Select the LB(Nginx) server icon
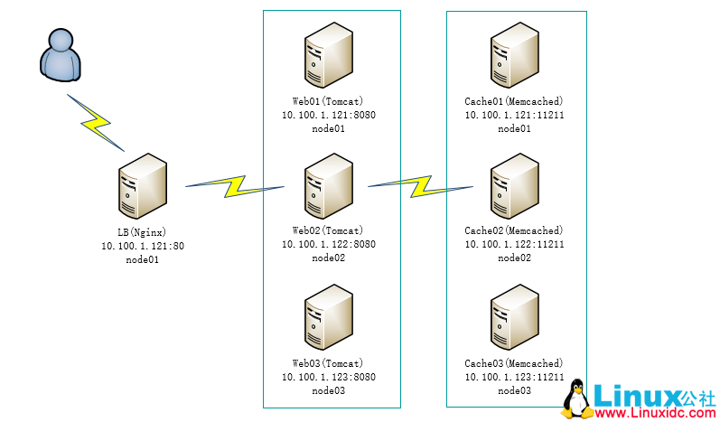(x=142, y=185)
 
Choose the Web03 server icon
(x=328, y=318)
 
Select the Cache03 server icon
(x=514, y=318)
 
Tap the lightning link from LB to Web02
(x=235, y=186)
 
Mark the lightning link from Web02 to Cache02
(x=420, y=186)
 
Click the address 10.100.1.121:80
(x=142, y=246)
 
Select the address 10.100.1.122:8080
(x=328, y=244)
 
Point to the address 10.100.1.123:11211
(x=514, y=377)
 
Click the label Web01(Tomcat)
(x=328, y=101)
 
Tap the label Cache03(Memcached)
(x=514, y=363)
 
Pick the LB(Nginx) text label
(x=142, y=232)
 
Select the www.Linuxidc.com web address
(x=653, y=412)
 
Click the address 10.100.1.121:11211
(x=514, y=115)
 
